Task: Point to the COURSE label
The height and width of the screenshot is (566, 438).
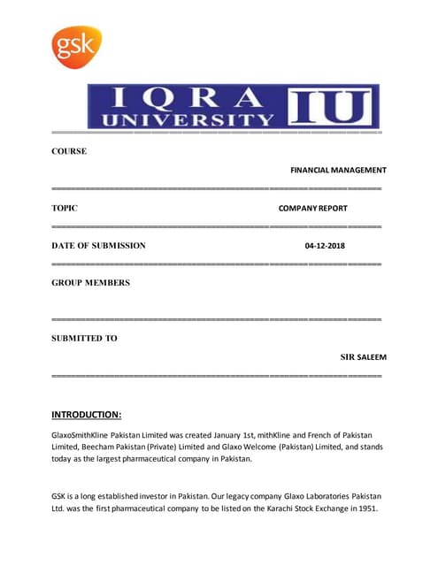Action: [69, 151]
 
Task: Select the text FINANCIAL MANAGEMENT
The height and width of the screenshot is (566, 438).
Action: [338, 170]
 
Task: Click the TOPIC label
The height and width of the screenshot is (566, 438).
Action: [65, 209]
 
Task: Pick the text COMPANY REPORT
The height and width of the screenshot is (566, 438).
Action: [312, 209]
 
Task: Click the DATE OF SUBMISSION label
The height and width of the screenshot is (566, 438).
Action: [98, 246]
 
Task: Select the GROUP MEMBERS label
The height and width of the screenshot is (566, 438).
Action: [90, 283]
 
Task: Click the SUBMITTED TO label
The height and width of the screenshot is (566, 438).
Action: [84, 338]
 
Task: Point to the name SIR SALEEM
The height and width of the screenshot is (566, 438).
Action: [364, 357]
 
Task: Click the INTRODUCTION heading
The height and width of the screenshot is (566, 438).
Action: [87, 414]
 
